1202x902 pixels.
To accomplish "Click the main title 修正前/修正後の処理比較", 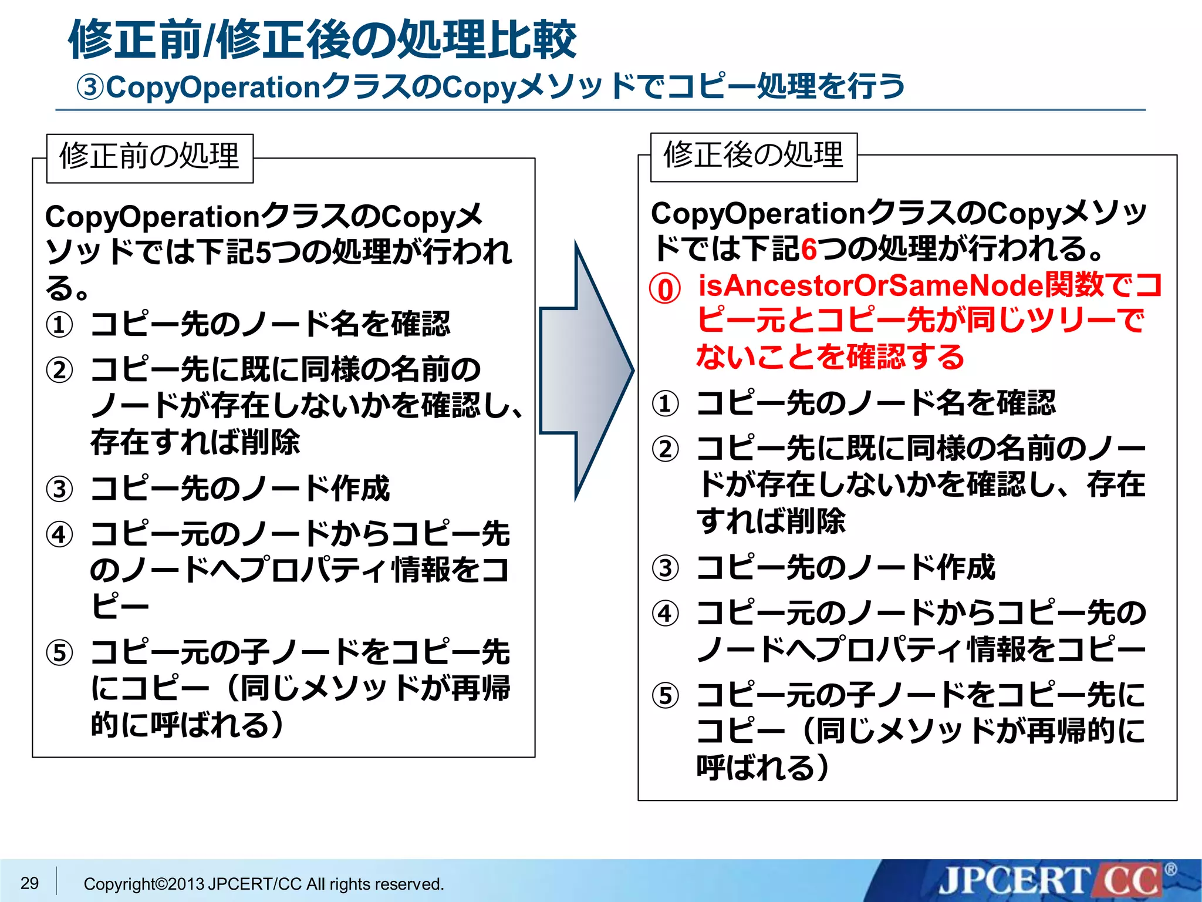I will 322,40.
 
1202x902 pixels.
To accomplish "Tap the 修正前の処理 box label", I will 150,157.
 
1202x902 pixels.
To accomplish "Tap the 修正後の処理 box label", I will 754,156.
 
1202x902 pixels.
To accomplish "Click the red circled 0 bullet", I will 665,289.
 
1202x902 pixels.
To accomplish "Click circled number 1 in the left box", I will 60,325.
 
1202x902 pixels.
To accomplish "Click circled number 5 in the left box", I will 60,653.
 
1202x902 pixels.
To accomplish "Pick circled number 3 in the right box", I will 666,568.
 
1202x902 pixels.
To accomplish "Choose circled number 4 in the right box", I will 666,614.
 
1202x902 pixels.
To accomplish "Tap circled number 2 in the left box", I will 60,371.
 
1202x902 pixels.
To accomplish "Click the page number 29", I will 29,883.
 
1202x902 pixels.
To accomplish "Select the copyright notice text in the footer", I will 264,884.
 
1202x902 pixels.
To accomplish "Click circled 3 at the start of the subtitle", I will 91,87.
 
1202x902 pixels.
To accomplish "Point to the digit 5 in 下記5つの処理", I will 264,253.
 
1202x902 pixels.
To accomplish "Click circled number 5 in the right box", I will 666,696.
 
